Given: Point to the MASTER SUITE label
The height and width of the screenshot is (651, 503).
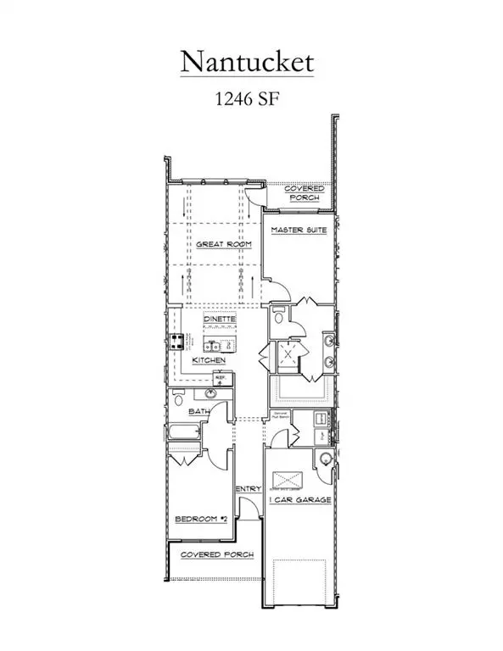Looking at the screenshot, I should [x=299, y=231].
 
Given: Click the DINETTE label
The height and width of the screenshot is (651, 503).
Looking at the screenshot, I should [x=219, y=319].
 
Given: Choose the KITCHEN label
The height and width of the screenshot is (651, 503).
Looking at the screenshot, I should [x=209, y=360].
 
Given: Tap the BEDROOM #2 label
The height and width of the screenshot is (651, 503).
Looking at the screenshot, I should [x=199, y=518].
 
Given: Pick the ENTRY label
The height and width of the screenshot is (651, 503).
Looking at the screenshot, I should [x=248, y=488].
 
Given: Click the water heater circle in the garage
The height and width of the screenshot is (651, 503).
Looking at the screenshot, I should [x=322, y=460].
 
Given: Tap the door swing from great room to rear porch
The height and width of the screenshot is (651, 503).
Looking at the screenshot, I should [x=253, y=194].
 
